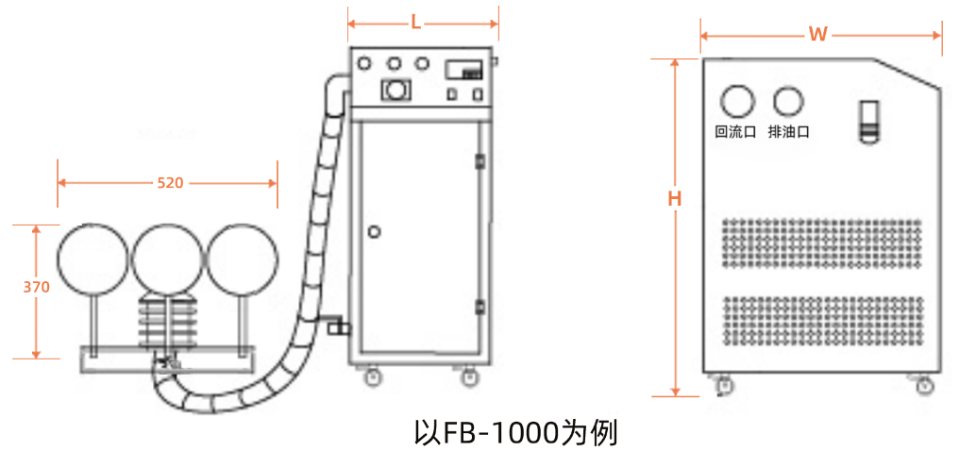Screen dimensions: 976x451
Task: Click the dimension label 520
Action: [170, 183]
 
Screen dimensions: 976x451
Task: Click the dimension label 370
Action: [37, 288]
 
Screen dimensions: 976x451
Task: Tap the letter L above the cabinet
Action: [416, 24]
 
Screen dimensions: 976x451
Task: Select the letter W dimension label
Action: [818, 35]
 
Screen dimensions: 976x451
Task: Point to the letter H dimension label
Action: [675, 199]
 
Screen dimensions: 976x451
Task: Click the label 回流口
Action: [735, 132]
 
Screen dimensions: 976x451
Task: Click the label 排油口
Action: [789, 132]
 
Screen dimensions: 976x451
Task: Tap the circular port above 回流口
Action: [737, 101]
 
